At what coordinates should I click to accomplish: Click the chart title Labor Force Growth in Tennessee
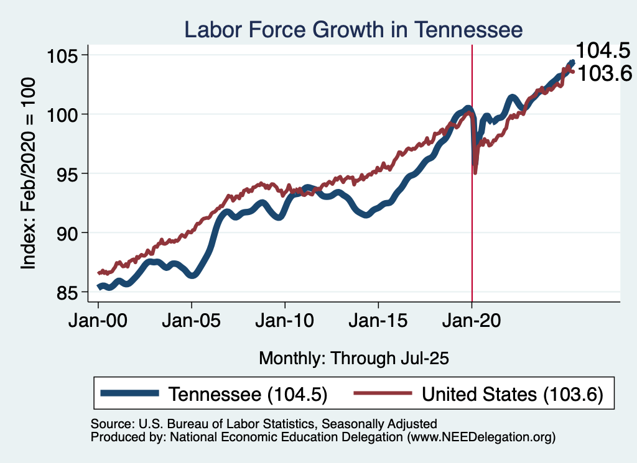(x=352, y=29)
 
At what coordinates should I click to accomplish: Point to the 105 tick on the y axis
(x=62, y=55)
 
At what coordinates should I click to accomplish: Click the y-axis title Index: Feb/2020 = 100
(x=28, y=174)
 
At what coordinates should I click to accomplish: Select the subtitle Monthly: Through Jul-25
(x=353, y=358)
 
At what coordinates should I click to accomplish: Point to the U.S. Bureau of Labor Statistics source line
(x=264, y=424)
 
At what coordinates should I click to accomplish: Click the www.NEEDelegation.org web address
(x=480, y=438)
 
